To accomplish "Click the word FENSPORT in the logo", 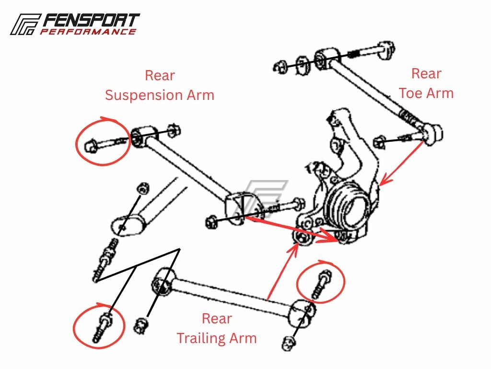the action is point(91,20).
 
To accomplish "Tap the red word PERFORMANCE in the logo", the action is point(88,32).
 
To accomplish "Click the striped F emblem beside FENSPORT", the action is point(25,24).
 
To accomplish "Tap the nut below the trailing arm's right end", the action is point(289,343).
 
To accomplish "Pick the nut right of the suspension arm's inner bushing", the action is point(174,130).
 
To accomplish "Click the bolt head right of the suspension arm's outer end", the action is point(299,203).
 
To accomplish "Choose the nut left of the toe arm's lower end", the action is point(380,142).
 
